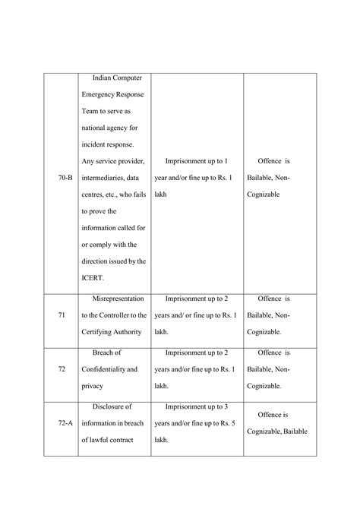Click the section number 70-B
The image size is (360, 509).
(65, 177)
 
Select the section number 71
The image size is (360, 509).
(62, 314)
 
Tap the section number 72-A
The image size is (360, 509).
(65, 423)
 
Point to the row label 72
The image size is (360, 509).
(62, 368)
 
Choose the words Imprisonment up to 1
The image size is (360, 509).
(196, 160)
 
